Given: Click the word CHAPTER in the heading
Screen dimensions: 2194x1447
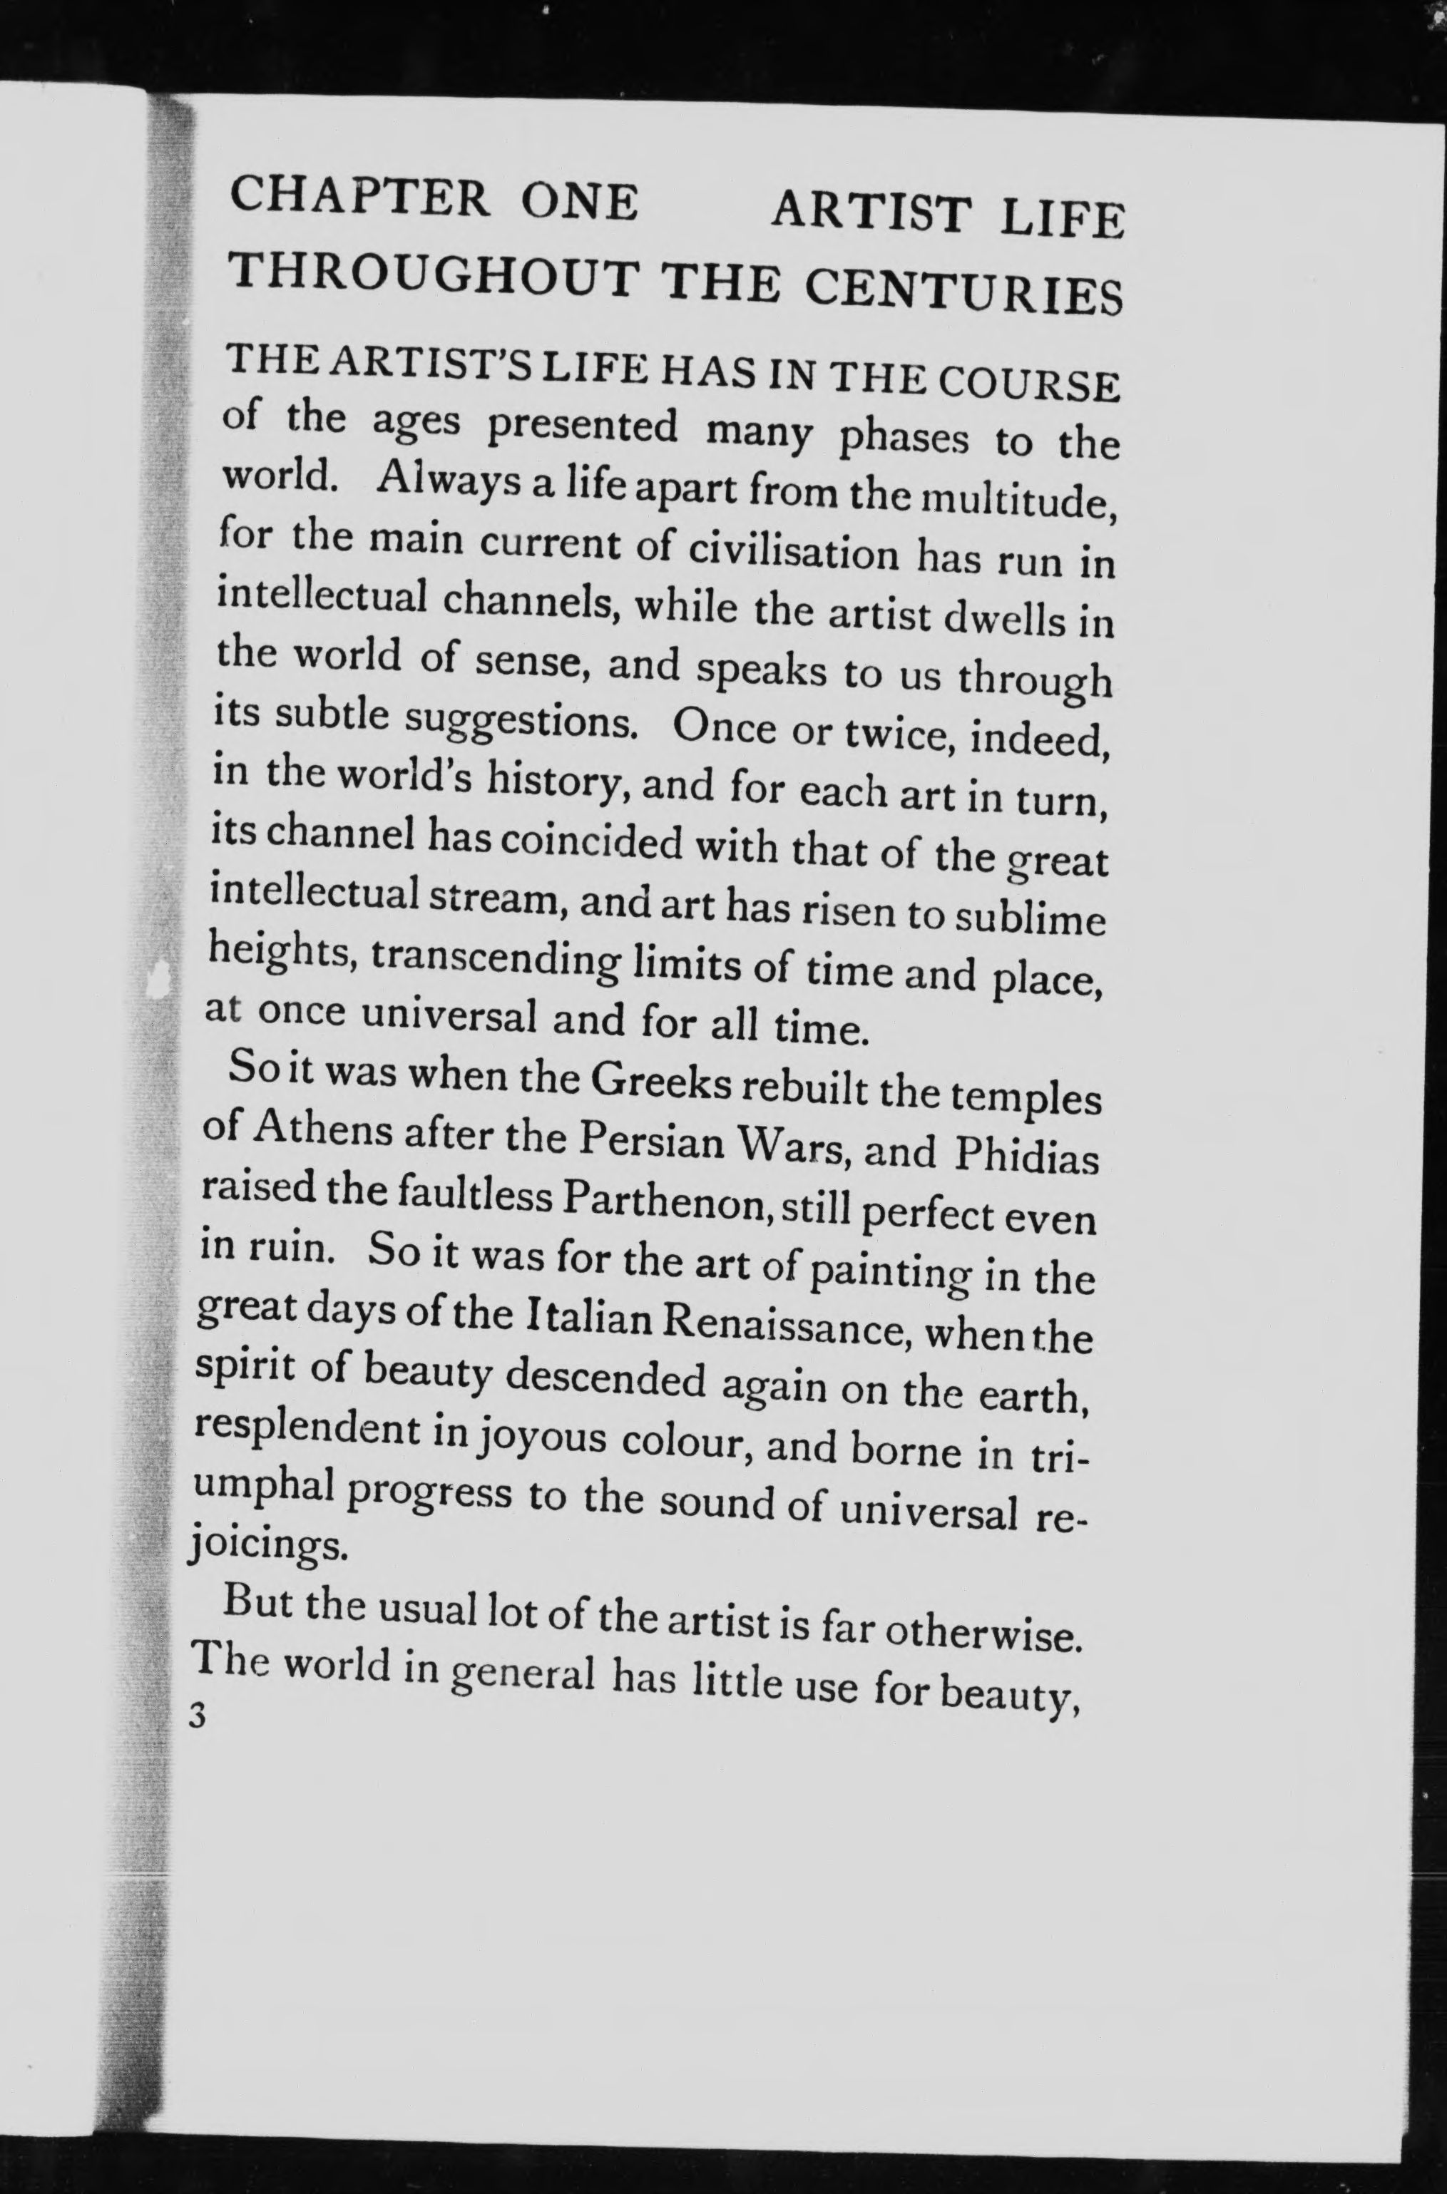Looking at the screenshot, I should [360, 198].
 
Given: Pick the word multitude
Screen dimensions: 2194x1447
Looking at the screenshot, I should [1021, 503].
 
